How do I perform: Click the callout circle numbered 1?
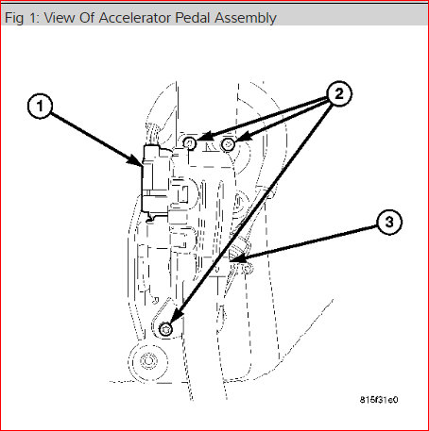38,108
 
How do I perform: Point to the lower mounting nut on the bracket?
166,328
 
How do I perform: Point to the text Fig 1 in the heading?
20,17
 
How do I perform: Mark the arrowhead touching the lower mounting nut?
173,322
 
